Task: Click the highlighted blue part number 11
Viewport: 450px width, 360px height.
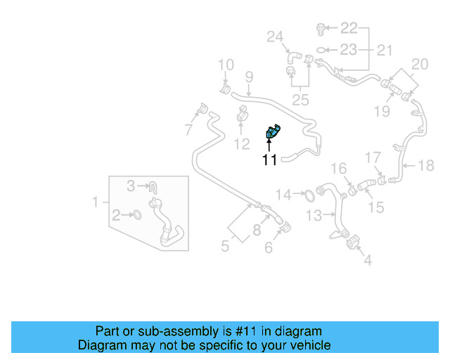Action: tap(272, 131)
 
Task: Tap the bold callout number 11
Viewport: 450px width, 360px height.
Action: tap(270, 160)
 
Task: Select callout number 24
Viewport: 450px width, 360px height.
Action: tap(274, 37)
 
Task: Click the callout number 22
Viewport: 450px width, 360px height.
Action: tap(349, 28)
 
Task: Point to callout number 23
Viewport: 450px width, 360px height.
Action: tap(349, 50)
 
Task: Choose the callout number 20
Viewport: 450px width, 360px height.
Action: tap(419, 65)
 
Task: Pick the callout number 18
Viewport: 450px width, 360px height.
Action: tap(426, 166)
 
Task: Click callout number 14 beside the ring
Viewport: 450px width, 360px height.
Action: tap(283, 194)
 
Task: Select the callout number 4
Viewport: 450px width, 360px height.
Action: tap(367, 261)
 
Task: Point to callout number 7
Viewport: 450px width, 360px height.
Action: tap(188, 129)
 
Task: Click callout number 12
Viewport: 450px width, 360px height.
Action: tap(241, 145)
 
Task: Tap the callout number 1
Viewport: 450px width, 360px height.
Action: tap(96, 202)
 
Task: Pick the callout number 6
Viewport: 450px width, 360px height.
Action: tap(269, 247)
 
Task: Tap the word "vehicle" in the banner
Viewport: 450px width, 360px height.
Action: tap(311, 345)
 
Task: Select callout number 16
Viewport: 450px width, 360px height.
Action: tap(339, 168)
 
